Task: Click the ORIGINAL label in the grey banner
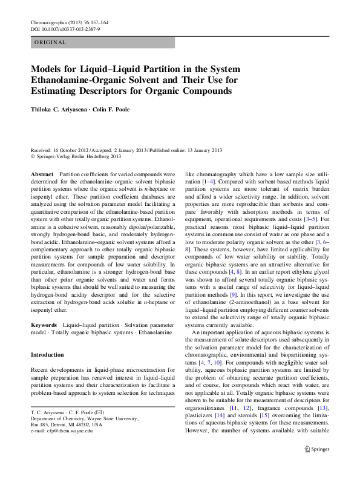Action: tap(50, 42)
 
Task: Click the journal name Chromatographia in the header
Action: tap(50, 22)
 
